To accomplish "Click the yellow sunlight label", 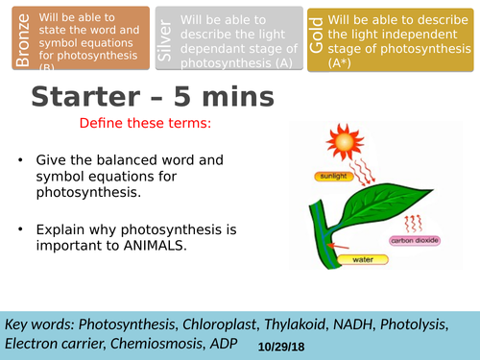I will pos(333,177).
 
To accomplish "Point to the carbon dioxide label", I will pos(415,241).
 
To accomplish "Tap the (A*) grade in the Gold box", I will pos(342,63).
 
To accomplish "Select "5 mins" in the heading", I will pos(224,98).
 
